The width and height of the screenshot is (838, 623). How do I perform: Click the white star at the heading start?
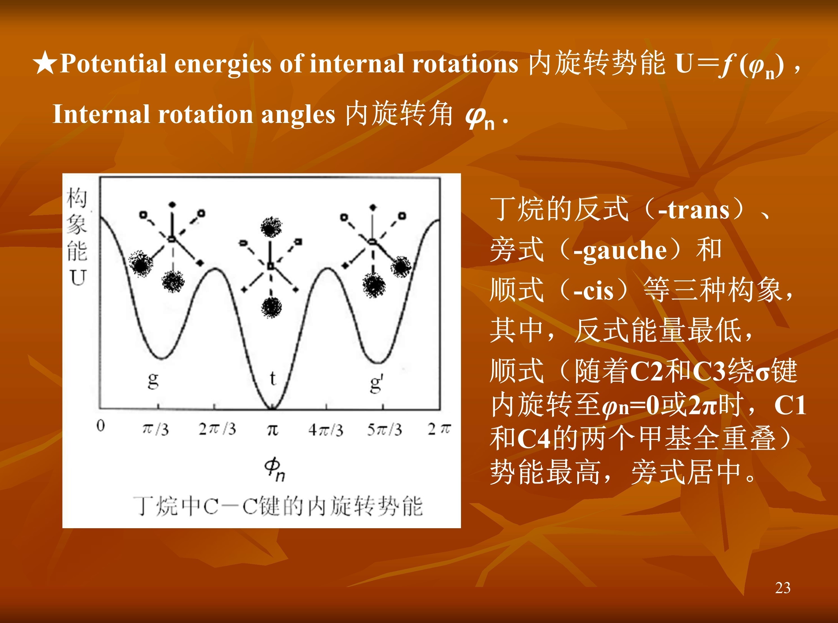pyautogui.click(x=45, y=63)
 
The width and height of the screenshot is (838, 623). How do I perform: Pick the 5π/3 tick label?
pyautogui.click(x=385, y=429)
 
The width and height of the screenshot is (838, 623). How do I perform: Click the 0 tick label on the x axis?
pyautogui.click(x=101, y=426)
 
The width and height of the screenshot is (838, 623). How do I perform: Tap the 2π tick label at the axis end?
pyautogui.click(x=439, y=429)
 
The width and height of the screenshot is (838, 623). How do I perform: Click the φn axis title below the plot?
pyautogui.click(x=274, y=469)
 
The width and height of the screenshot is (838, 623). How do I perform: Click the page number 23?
pyautogui.click(x=783, y=588)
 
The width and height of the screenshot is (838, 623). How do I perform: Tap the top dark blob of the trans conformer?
pyautogui.click(x=271, y=227)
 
